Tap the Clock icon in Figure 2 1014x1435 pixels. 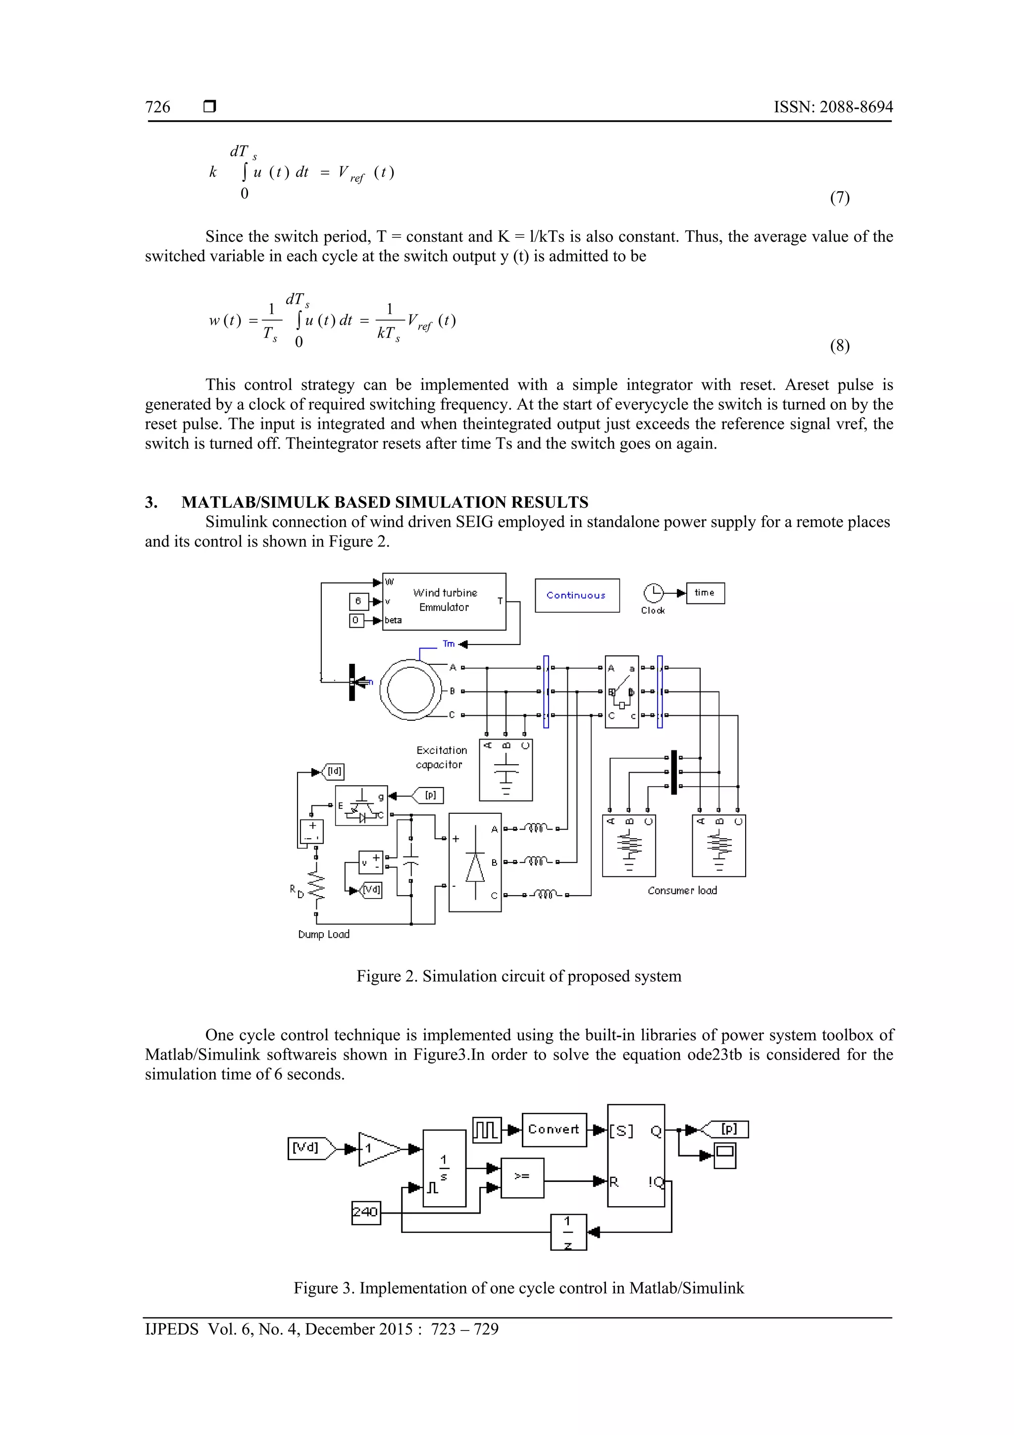click(653, 592)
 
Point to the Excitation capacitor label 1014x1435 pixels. click(441, 757)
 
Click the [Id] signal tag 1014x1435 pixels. click(334, 771)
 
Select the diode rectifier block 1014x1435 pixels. click(475, 862)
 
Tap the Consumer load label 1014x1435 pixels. click(682, 891)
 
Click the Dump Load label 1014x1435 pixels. click(324, 934)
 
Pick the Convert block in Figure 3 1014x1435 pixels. click(554, 1129)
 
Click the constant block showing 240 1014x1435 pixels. click(365, 1213)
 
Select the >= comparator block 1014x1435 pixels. click(522, 1177)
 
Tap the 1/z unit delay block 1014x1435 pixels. click(568, 1231)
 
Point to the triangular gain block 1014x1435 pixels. click(377, 1148)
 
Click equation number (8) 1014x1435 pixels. click(839, 346)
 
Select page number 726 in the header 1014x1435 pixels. click(157, 107)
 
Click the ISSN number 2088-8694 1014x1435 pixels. click(856, 107)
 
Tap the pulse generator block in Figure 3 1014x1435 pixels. click(486, 1130)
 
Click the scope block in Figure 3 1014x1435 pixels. click(725, 1155)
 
